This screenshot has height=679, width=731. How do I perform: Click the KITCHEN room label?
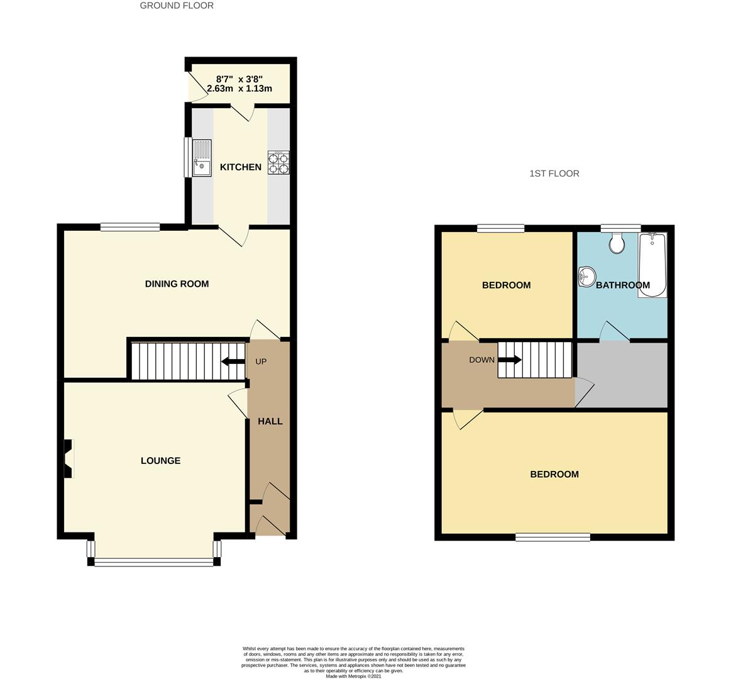coord(240,167)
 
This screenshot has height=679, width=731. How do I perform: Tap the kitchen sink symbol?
coord(202,158)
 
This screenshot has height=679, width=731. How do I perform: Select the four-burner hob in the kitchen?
coord(278,162)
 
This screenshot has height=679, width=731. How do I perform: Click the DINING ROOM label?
coord(177,284)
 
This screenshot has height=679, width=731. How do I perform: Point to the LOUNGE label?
coord(160,461)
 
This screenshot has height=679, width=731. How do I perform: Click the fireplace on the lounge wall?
coord(69,458)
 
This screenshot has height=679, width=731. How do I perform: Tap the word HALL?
coord(270,421)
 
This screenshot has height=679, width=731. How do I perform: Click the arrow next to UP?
coord(233,362)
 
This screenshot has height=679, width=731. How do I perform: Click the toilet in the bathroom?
coord(617,243)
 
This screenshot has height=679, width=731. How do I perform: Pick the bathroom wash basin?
coord(586,276)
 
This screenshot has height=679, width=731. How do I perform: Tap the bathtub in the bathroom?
coord(652,264)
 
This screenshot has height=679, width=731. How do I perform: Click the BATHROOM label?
coord(622,285)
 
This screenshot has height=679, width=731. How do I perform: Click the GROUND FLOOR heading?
coord(177,6)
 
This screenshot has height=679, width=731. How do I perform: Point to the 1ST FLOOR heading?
coord(554,174)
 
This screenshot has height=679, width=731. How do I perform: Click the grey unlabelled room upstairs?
coord(622,375)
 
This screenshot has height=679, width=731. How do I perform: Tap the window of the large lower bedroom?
coord(552,537)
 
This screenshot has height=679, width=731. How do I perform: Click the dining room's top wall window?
coord(130,228)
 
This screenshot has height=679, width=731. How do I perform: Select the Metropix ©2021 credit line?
coord(353,676)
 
